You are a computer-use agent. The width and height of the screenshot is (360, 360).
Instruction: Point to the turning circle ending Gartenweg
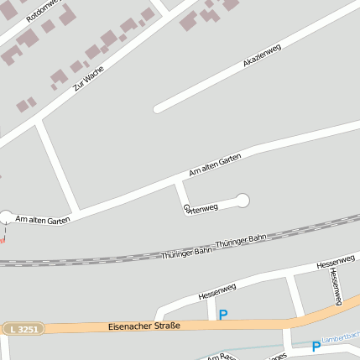coord(243,200)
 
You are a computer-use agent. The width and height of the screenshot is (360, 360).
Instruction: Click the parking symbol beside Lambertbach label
coord(316,346)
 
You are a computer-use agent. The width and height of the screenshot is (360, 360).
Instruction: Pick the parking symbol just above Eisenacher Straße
coord(223,315)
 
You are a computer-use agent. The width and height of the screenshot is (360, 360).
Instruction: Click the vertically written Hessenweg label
coord(335,285)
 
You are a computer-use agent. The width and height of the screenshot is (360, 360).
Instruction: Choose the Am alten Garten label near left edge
coord(43,219)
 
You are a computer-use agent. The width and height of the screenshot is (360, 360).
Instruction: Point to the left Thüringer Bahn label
coord(187,251)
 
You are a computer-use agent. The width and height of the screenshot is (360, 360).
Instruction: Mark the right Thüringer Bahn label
coord(241,241)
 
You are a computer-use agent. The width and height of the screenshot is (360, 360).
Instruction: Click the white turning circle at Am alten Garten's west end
coord(6,217)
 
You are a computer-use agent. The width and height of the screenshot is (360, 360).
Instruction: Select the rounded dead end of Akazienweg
coord(158,108)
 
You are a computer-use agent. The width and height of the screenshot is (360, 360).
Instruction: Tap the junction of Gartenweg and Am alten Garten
coord(177,181)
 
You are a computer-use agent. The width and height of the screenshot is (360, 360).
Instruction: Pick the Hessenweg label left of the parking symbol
coord(217,292)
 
